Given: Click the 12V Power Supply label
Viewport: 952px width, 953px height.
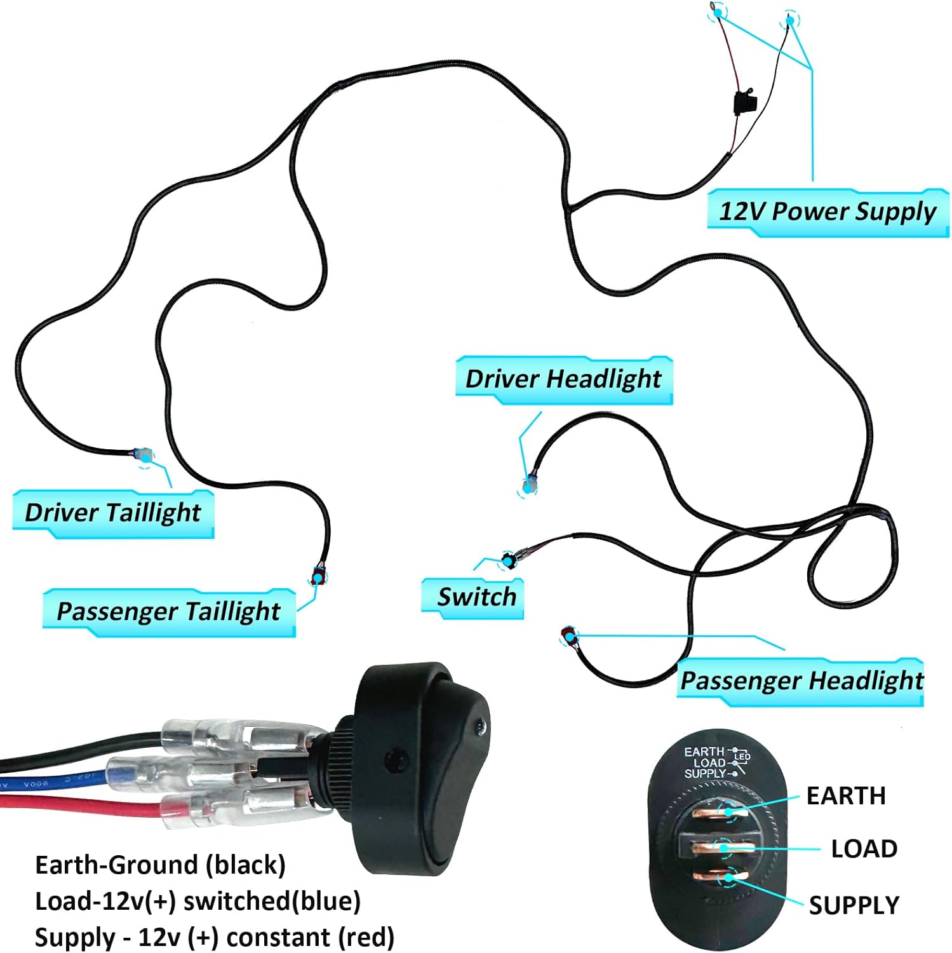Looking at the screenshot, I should click(827, 212).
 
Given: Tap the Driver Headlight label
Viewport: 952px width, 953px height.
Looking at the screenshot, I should click(563, 379).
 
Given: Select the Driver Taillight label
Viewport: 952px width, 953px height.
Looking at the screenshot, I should click(113, 513).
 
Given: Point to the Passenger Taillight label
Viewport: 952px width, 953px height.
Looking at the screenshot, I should click(168, 612).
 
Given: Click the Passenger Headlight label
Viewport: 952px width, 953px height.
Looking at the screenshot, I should click(801, 681).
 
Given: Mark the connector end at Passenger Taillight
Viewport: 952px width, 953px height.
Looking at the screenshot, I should click(318, 578).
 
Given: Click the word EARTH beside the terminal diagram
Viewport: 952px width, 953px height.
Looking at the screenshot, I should click(845, 796).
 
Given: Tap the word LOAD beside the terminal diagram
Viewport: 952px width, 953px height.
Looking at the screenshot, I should click(864, 849).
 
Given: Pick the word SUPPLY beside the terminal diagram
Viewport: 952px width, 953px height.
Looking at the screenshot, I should click(854, 905).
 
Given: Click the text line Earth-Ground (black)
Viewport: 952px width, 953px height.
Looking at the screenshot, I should click(160, 865).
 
